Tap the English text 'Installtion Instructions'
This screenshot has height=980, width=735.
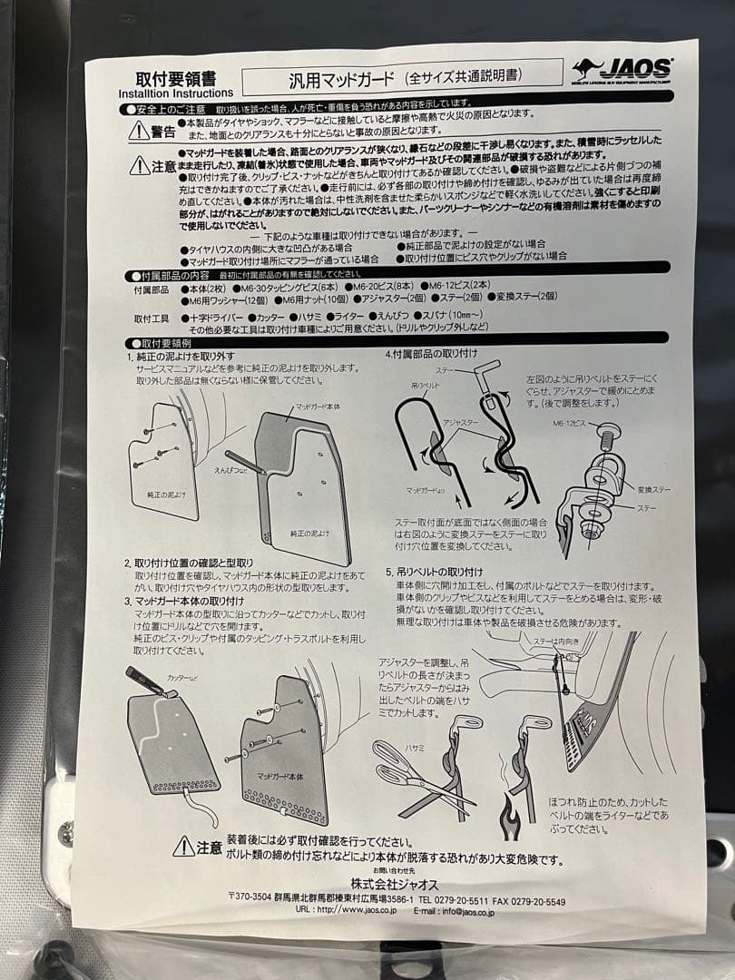coord(175,93)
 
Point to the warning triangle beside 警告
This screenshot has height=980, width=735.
coord(138,132)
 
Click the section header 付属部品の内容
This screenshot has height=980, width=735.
coord(174,274)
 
